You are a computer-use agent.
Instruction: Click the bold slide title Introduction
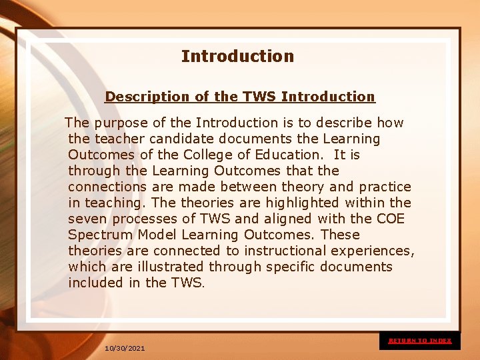237,57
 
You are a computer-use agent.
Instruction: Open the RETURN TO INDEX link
420,341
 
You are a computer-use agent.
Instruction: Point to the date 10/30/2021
125,349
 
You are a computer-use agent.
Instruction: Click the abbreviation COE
391,219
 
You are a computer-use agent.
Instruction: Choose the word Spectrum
100,235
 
